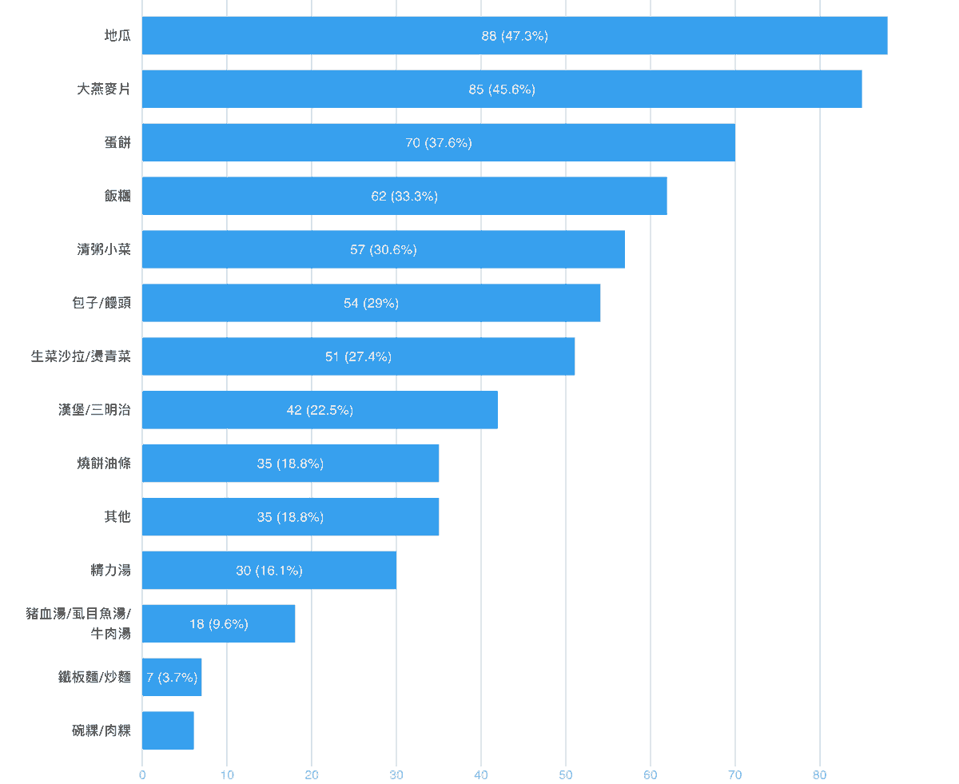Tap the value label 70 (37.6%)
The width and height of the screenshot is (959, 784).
click(x=439, y=143)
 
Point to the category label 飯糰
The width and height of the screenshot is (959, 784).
click(x=117, y=197)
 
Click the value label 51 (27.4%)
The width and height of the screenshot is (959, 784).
click(x=358, y=356)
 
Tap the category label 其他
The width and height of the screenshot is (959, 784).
click(x=117, y=517)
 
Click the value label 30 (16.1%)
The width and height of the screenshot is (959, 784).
click(x=269, y=571)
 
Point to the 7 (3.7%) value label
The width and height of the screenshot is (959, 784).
click(x=172, y=678)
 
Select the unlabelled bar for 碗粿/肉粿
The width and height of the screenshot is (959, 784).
click(x=168, y=730)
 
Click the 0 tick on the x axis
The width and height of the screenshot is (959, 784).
click(x=142, y=774)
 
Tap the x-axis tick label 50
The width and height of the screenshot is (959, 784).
click(x=566, y=774)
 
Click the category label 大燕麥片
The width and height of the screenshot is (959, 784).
click(x=104, y=90)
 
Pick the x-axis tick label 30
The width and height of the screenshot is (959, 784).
click(x=396, y=774)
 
